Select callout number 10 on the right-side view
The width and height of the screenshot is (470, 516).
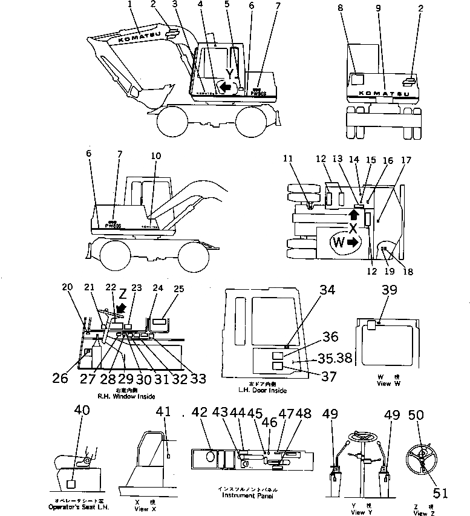point(156,155)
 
